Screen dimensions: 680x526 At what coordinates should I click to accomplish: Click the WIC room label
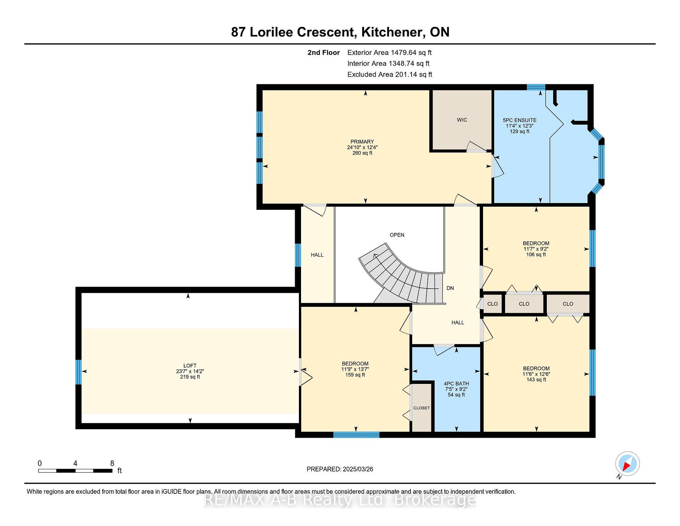click(x=462, y=120)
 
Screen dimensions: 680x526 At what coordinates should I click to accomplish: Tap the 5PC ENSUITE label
click(x=520, y=120)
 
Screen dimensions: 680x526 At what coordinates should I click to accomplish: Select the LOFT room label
click(x=190, y=365)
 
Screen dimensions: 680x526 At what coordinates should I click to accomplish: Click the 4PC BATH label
click(x=456, y=384)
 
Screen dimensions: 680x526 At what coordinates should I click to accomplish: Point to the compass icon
click(x=627, y=464)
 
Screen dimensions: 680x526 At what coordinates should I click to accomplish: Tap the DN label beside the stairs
click(x=450, y=288)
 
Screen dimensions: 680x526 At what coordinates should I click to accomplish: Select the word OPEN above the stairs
click(x=397, y=235)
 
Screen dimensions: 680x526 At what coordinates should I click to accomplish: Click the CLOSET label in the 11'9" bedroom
click(x=421, y=408)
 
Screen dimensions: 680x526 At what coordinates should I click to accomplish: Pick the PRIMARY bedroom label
click(x=362, y=142)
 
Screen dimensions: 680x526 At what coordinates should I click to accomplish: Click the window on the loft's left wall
click(x=79, y=372)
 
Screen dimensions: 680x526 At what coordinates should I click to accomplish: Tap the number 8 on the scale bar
click(x=112, y=463)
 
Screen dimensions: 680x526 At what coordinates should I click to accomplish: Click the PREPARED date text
click(x=340, y=469)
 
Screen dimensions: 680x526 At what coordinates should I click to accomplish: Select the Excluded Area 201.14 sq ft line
click(x=390, y=74)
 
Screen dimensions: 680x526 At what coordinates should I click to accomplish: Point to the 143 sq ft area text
click(x=536, y=380)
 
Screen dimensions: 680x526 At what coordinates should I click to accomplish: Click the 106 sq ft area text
click(x=536, y=254)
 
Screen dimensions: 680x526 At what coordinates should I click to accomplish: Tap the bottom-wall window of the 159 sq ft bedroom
click(x=356, y=435)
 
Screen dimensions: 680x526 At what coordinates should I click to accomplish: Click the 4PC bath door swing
click(x=444, y=349)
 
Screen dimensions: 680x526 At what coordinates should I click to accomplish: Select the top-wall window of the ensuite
click(x=536, y=87)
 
